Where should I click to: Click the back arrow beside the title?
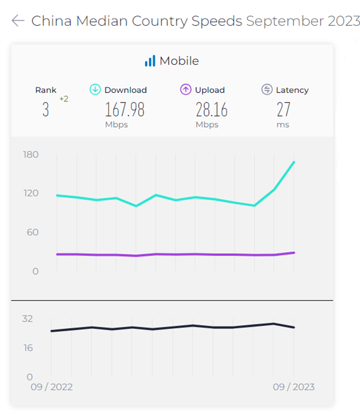click(x=17, y=21)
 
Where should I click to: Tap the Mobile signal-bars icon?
click(x=149, y=61)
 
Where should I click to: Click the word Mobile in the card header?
click(x=179, y=61)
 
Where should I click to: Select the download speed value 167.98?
click(x=125, y=110)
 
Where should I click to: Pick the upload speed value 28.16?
click(x=211, y=110)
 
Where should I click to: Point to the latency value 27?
click(x=283, y=110)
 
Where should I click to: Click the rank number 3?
click(x=46, y=110)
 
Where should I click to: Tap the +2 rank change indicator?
click(x=64, y=99)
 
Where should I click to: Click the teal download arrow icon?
click(x=95, y=89)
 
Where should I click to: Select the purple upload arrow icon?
click(x=185, y=89)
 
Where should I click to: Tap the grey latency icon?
click(x=267, y=89)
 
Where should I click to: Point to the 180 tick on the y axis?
click(x=31, y=155)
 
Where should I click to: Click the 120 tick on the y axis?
click(x=31, y=193)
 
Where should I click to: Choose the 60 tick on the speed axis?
click(x=31, y=232)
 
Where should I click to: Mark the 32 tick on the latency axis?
click(x=28, y=319)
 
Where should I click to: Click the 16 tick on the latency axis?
click(x=28, y=348)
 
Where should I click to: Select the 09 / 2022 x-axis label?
click(x=52, y=387)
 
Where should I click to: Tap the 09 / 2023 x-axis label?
click(x=293, y=387)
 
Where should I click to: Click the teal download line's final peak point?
click(x=294, y=162)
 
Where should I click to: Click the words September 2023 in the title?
click(x=303, y=21)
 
